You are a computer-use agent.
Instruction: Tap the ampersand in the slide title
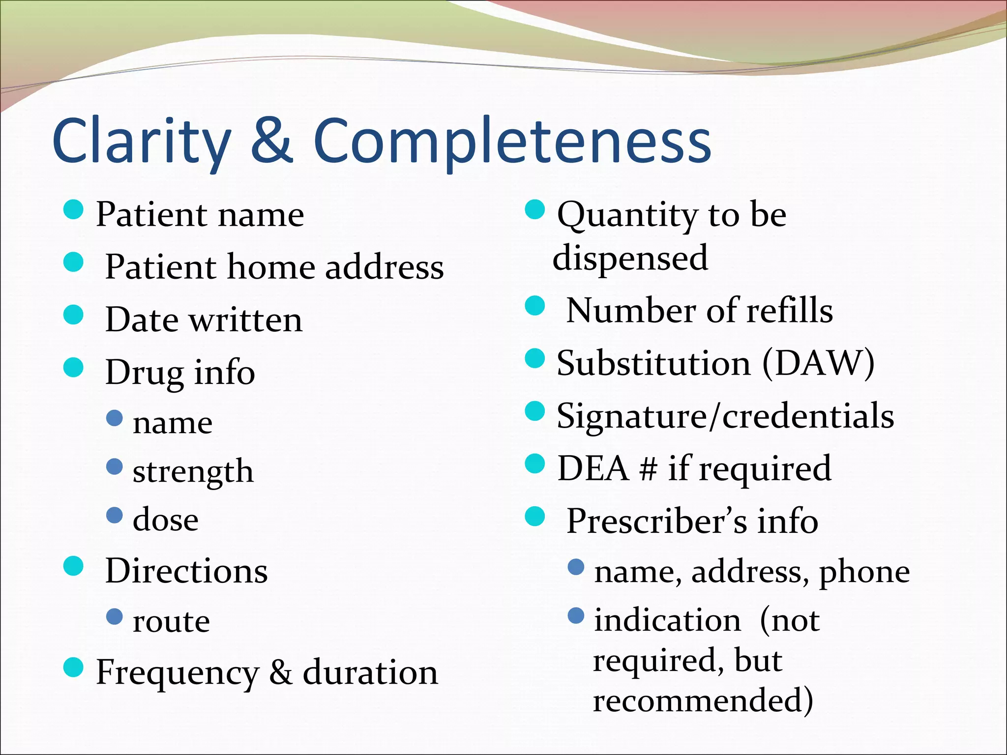coord(272,141)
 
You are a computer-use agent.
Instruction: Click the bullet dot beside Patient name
coord(74,209)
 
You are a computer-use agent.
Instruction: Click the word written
coord(246,320)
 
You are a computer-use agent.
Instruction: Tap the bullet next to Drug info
coord(74,367)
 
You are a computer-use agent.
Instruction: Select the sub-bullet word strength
coord(193,472)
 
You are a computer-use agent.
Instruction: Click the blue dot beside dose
coord(115,515)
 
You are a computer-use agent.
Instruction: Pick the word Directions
coord(186,571)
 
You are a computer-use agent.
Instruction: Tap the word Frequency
coord(177,673)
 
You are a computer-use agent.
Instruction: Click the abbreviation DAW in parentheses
coord(819,364)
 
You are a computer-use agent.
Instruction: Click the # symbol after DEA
coord(648,469)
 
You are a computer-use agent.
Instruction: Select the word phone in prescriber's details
coord(864,573)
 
